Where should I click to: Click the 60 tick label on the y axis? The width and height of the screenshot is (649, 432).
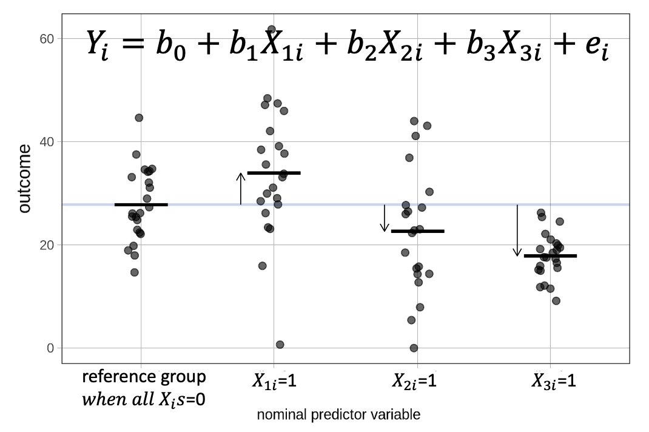coord(47,39)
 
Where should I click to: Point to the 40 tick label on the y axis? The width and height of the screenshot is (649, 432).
coord(47,142)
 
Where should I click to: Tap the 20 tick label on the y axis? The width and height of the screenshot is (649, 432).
coord(47,245)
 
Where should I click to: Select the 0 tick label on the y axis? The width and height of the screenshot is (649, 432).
coord(50,348)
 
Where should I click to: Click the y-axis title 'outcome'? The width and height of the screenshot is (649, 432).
coord(24,179)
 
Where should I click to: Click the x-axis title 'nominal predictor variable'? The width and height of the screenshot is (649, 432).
coord(338,415)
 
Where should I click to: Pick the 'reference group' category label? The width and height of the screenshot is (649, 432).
coord(144,377)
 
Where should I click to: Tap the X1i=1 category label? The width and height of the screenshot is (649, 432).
coord(273,382)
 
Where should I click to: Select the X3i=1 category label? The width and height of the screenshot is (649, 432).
coord(553,382)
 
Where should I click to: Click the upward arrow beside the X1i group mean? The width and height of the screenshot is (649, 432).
coord(241,189)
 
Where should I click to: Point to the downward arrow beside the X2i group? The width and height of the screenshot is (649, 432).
coord(384,218)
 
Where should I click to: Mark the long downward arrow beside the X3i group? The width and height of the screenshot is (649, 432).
coord(517,231)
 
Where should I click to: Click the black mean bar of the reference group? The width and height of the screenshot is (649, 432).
coord(141,205)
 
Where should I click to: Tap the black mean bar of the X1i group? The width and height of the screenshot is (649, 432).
coord(274,173)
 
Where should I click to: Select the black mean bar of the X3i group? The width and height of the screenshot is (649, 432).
coord(550,256)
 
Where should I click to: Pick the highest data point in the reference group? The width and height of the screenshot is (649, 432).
coord(139,118)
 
